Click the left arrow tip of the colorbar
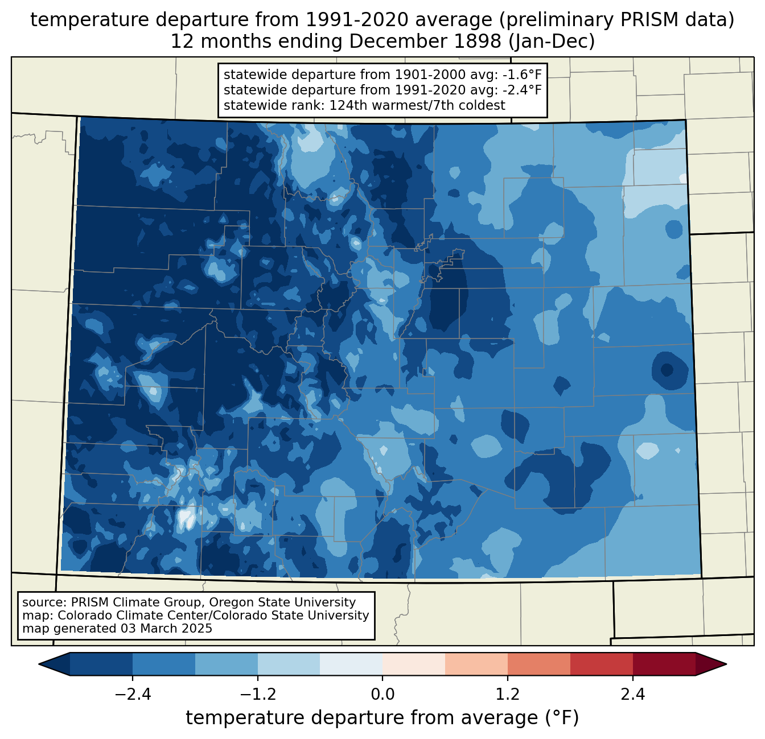tap(39, 664)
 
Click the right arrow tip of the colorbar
tap(726, 664)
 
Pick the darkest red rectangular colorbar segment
tap(664, 664)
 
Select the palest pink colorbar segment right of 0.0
tap(414, 664)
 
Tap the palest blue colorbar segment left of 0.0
tap(351, 664)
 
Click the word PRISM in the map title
tap(643, 20)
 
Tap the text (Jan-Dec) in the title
tap(552, 42)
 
